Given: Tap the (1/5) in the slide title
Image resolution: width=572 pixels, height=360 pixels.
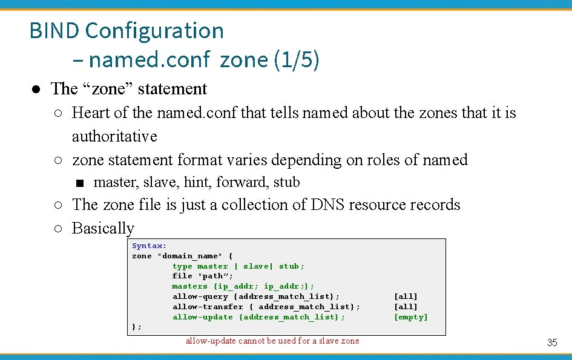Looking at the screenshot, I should [x=296, y=60].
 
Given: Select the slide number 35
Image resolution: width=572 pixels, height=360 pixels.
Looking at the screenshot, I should [x=551, y=342].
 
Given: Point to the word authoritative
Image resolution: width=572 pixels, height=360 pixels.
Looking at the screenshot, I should [x=114, y=136].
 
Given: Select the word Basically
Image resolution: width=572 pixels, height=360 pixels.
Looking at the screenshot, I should [x=103, y=228].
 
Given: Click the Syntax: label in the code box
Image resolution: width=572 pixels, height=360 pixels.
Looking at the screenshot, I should [x=149, y=246].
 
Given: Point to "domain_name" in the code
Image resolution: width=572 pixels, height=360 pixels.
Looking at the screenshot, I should [x=190, y=256].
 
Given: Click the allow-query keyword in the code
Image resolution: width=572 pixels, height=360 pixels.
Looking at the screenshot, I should [x=200, y=296].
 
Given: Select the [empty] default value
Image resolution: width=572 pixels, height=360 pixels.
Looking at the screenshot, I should [x=410, y=317].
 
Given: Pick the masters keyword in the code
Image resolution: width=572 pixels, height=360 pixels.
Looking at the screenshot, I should [x=189, y=286].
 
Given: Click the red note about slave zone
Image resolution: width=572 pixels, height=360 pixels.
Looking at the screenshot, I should [x=272, y=341].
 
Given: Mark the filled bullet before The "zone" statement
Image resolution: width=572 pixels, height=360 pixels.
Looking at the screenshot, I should [x=36, y=89].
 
